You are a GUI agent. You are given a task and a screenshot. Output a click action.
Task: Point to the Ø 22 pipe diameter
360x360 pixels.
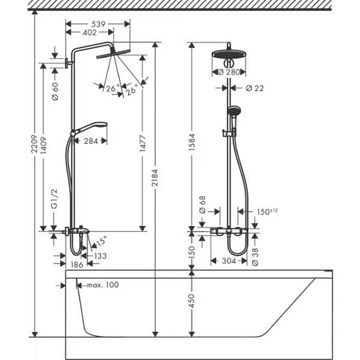(x=253, y=88)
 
